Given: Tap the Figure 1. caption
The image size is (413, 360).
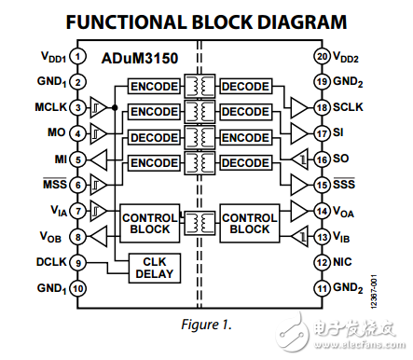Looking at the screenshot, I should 205,325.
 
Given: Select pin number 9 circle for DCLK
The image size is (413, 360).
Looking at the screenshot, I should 79,264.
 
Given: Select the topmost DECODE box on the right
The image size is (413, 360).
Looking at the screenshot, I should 245,87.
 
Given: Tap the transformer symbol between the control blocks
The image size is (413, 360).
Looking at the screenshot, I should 200,222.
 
